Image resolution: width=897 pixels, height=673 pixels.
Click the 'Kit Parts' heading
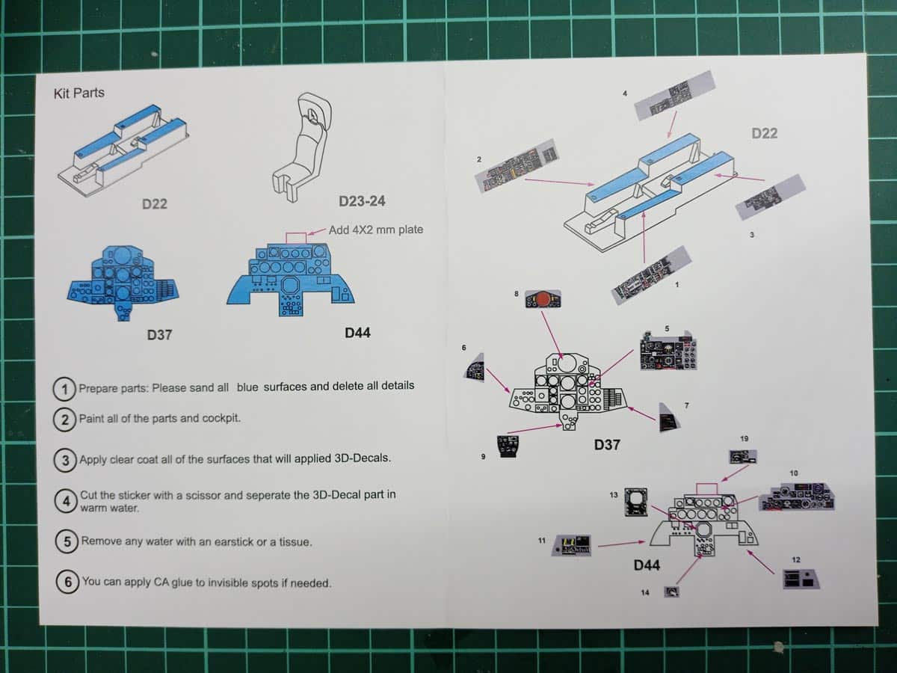click(x=78, y=93)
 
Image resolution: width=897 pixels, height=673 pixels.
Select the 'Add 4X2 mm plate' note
click(x=376, y=230)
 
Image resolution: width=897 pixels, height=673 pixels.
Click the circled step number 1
click(x=66, y=389)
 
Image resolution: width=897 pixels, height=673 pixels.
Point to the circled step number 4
click(x=67, y=500)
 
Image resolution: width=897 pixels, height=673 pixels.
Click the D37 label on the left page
click(x=158, y=334)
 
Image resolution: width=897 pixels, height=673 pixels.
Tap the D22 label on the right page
click(x=764, y=133)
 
